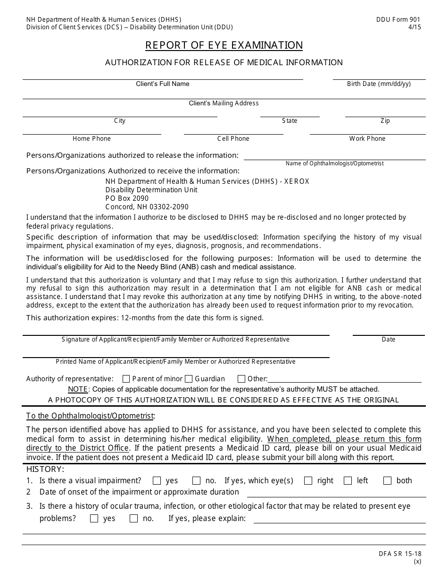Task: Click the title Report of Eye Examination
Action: pos(224,45)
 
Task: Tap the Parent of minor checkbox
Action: pos(126,379)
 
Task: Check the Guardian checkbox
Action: pos(189,379)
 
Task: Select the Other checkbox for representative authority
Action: pos(241,379)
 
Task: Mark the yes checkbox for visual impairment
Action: pos(157,481)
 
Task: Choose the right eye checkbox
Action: pos(308,481)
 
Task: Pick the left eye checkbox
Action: pos(348,481)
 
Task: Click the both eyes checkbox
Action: pos(388,481)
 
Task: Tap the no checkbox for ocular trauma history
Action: pos(133,519)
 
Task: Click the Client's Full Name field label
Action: pos(163,84)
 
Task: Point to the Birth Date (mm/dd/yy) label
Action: pos(379,84)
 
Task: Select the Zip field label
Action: pos(385,121)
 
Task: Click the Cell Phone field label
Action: pos(233,139)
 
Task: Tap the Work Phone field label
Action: pos(367,139)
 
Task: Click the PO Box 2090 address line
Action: pos(127,198)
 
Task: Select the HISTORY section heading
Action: pos(45,469)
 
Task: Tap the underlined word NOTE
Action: pos(78,390)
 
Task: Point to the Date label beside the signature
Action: pos(389,340)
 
